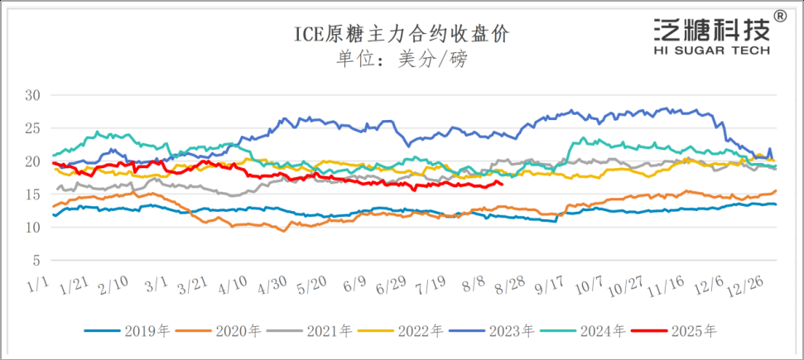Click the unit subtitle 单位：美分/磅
click(x=402, y=60)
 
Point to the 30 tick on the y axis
click(x=32, y=95)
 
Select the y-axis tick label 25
click(x=32, y=128)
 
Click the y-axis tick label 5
click(x=36, y=261)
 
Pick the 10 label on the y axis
click(x=32, y=228)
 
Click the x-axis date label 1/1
click(x=39, y=286)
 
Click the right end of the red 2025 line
click(x=503, y=184)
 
